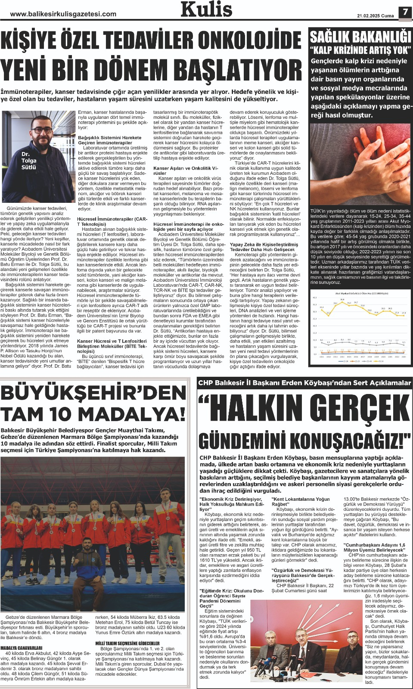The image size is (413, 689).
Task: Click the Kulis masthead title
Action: (x=206, y=9)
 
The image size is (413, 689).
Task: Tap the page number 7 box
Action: (x=405, y=12)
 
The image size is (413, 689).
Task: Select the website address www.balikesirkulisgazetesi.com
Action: (x=63, y=14)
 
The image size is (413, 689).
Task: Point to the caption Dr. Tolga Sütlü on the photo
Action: (x=29, y=160)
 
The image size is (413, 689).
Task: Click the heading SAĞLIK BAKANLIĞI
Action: (x=360, y=36)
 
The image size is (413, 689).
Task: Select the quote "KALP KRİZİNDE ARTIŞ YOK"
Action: (x=360, y=50)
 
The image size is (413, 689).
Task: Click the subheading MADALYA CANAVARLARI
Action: (x=22, y=648)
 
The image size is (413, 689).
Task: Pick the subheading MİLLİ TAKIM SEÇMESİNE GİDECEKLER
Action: (x=127, y=643)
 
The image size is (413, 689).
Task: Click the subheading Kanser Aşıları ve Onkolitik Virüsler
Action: (x=186, y=171)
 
